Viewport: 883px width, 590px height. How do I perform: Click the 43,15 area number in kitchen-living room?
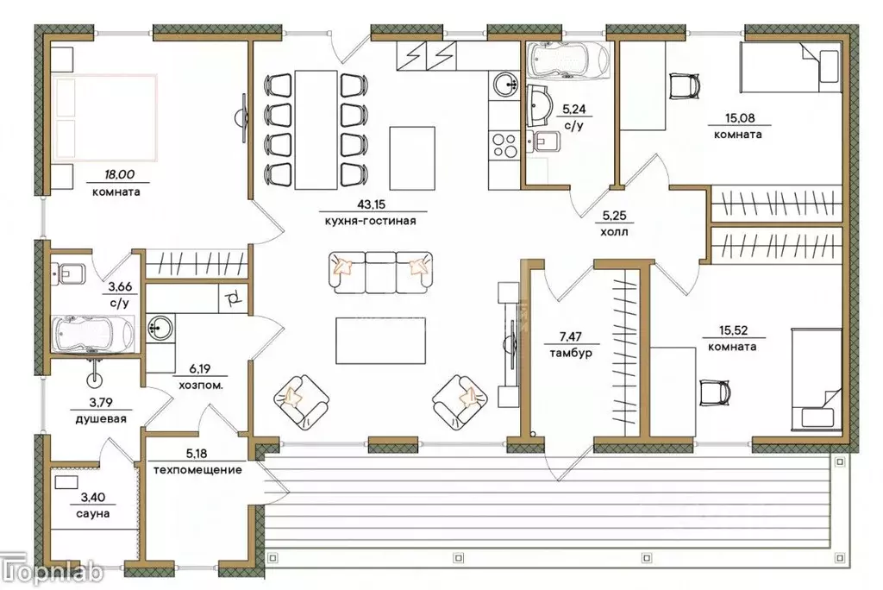coord(371,204)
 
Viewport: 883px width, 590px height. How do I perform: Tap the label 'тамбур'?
coord(571,354)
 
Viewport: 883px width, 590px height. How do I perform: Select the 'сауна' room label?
coord(92,513)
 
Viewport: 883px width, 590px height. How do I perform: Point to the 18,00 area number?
coord(119,175)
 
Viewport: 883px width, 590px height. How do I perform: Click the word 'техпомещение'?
coord(197,469)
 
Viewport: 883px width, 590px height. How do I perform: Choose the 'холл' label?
coord(614,232)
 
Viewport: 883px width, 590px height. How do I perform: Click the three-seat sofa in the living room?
coord(380,273)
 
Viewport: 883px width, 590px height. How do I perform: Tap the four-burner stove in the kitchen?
coord(504,145)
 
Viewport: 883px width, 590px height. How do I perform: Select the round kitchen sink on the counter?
coord(505,85)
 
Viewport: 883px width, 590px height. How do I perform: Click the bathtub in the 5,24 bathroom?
coord(569,59)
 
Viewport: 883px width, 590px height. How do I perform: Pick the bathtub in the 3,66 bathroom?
coord(93,335)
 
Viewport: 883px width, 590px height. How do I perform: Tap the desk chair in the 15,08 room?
coord(685,86)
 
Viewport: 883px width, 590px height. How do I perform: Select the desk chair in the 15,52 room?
coord(715,392)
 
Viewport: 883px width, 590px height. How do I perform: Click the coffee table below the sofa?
coord(380,341)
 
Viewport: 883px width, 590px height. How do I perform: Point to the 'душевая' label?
coord(101,418)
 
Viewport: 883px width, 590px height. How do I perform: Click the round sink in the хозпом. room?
coord(161,328)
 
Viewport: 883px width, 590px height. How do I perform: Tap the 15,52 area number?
coord(733,330)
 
